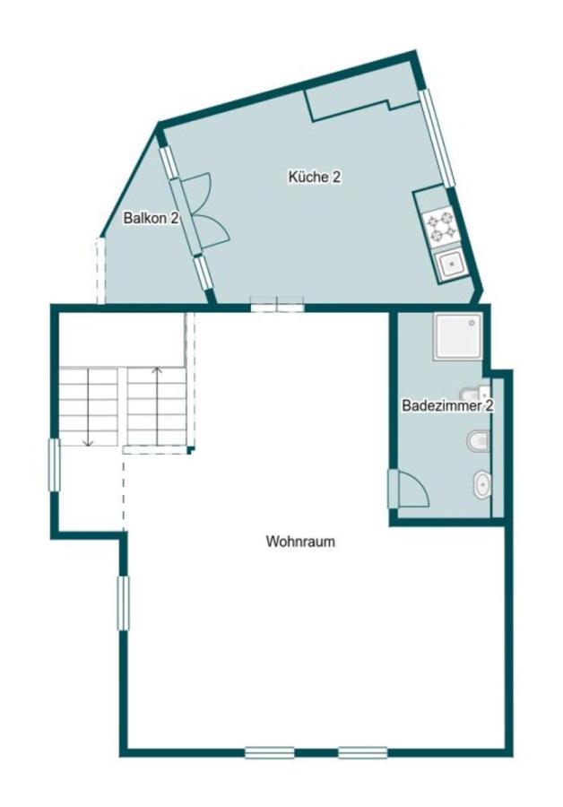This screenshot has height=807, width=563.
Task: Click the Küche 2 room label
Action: pyautogui.click(x=314, y=178)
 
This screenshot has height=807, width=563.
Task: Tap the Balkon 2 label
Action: pyautogui.click(x=151, y=218)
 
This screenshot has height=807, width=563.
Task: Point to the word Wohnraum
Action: pyautogui.click(x=294, y=542)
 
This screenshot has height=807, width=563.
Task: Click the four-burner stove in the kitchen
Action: pyautogui.click(x=440, y=226)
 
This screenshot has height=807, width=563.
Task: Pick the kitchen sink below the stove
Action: pyautogui.click(x=447, y=264)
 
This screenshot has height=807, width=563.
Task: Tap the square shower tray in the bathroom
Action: pyautogui.click(x=456, y=337)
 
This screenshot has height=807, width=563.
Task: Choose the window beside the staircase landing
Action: pyautogui.click(x=54, y=464)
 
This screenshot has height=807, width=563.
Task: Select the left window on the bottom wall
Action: pyautogui.click(x=269, y=752)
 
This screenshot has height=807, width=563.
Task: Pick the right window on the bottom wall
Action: pyautogui.click(x=362, y=752)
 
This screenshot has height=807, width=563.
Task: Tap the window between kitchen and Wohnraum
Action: pyautogui.click(x=278, y=306)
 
